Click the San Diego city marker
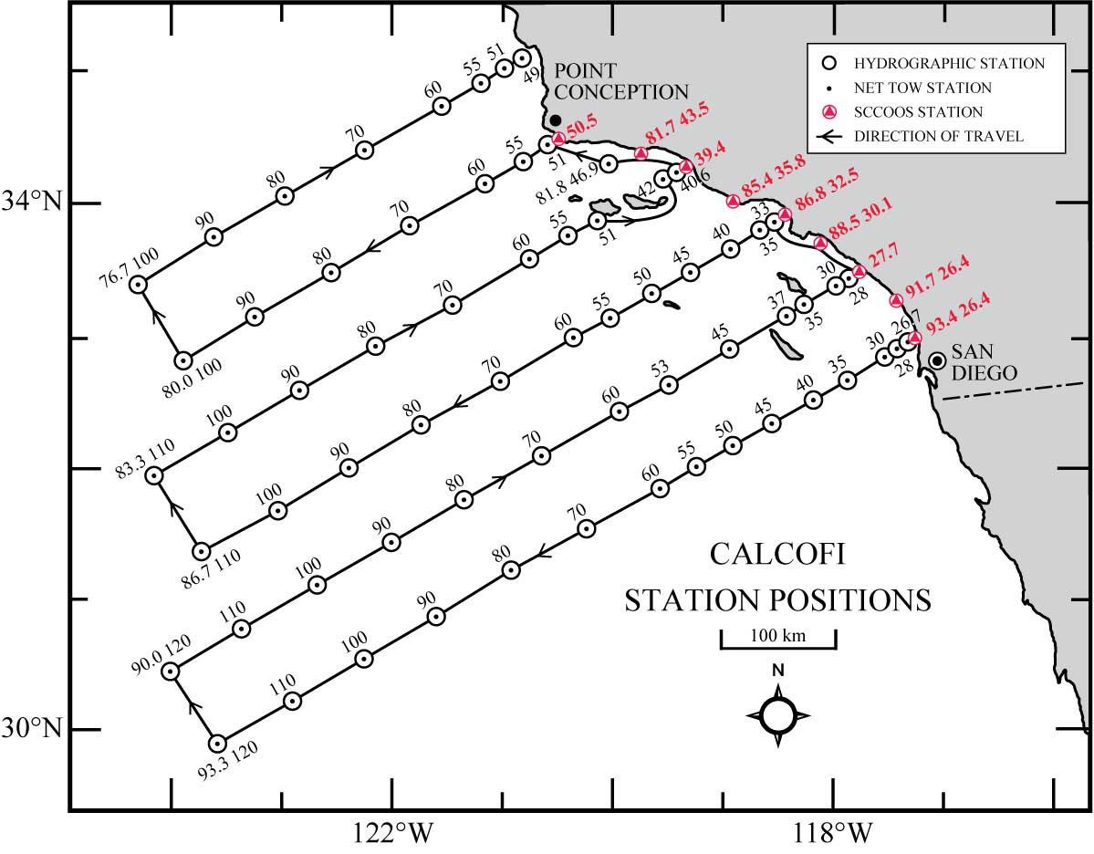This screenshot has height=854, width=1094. [936, 361]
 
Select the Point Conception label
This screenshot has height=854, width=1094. [620, 81]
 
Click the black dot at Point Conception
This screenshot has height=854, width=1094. [555, 120]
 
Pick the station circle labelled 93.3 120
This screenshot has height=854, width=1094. [217, 743]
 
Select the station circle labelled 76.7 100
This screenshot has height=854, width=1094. [138, 284]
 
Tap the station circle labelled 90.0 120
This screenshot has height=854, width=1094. [170, 672]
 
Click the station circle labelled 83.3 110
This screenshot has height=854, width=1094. [154, 474]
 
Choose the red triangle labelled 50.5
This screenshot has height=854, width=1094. [558, 138]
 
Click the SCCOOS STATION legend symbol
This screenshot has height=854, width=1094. [830, 112]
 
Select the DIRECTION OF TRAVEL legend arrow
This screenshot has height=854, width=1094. [829, 137]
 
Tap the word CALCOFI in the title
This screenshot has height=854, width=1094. [777, 557]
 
